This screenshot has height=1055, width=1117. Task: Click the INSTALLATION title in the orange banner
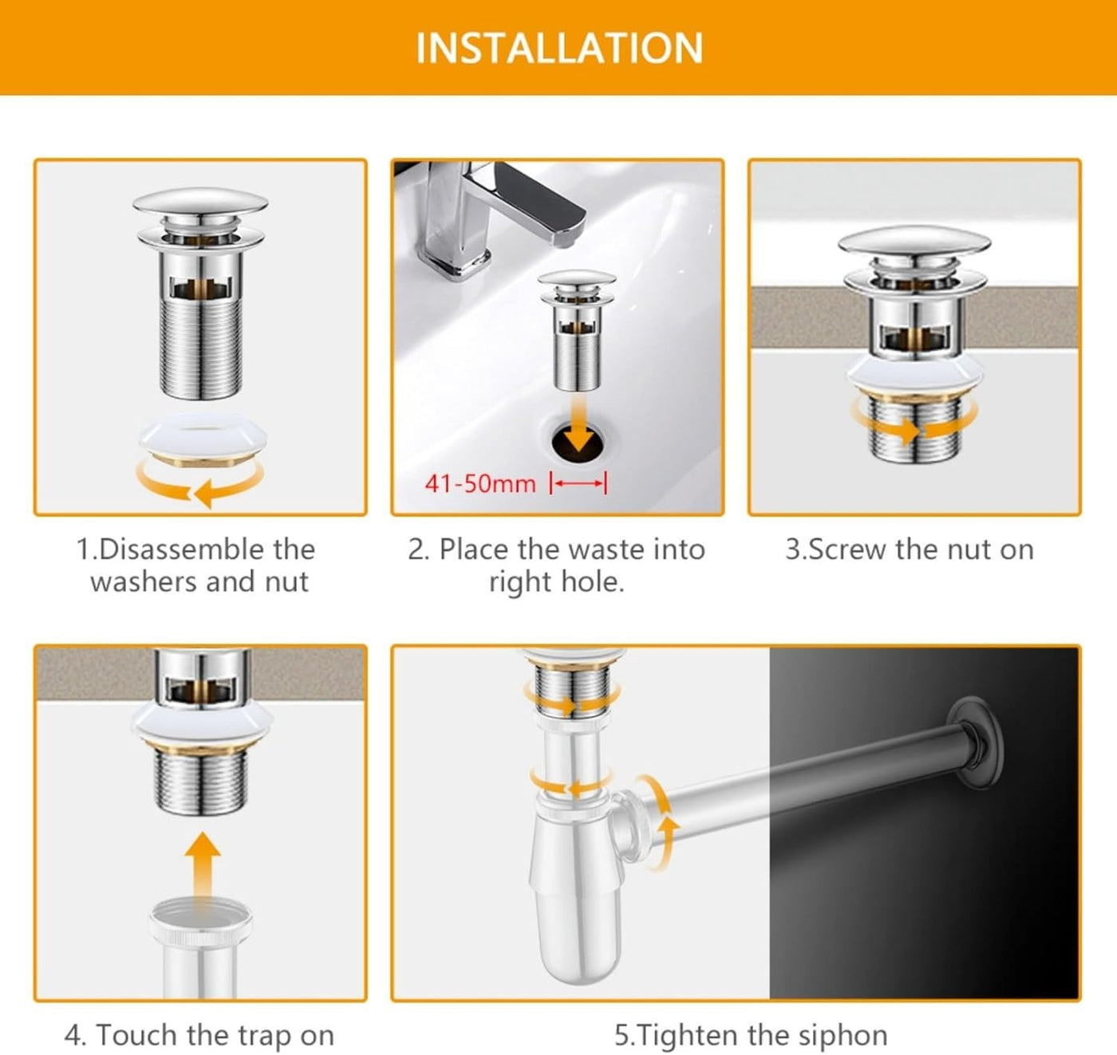click(559, 48)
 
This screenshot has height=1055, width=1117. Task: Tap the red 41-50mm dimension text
click(480, 483)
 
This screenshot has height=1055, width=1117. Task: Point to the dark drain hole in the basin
click(578, 443)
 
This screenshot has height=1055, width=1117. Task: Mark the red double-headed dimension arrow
click(578, 483)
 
